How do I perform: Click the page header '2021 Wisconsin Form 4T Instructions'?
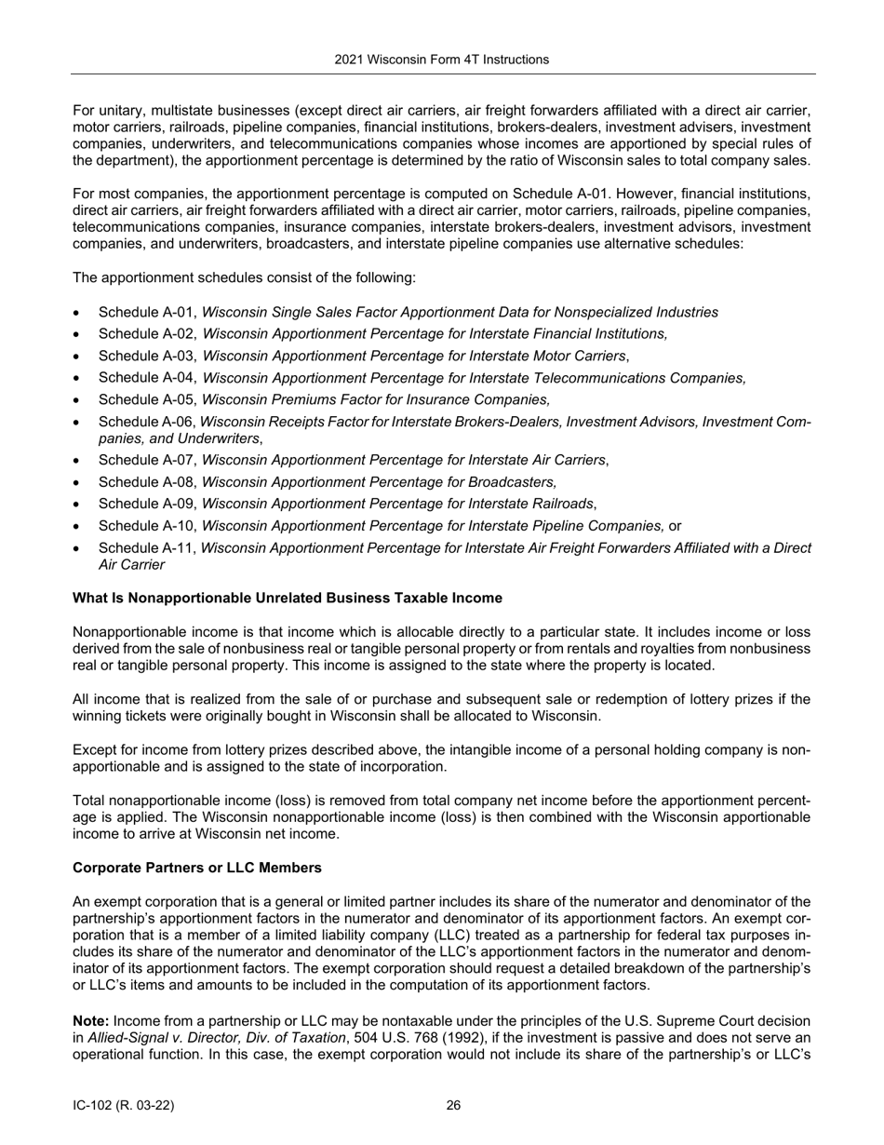[441, 60]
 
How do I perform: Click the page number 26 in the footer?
[453, 1106]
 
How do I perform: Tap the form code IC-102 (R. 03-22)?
[123, 1106]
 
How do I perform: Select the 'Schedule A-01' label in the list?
[147, 313]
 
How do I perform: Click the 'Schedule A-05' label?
[147, 400]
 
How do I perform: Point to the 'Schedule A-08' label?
[147, 482]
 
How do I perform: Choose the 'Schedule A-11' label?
[147, 548]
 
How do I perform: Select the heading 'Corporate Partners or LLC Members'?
[196, 868]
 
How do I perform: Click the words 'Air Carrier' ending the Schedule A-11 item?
[131, 565]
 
